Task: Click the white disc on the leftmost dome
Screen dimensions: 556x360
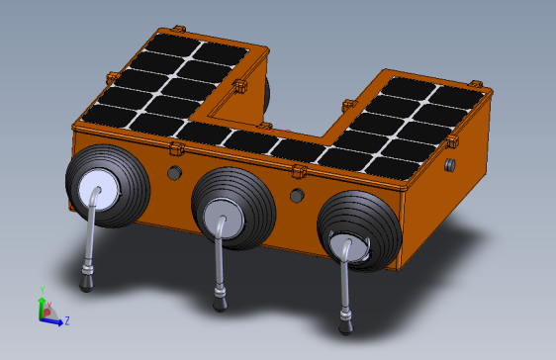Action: click(x=99, y=190)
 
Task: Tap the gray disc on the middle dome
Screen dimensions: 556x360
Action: click(x=224, y=219)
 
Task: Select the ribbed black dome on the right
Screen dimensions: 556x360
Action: click(x=359, y=231)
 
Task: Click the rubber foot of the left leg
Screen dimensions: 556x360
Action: click(x=86, y=283)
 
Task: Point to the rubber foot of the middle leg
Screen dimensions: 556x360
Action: click(x=221, y=304)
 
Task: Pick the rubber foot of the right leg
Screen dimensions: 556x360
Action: click(x=345, y=325)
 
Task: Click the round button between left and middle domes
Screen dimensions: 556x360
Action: click(x=174, y=172)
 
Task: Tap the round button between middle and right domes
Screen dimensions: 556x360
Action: click(x=297, y=195)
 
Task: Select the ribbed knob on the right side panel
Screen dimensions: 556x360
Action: click(x=450, y=165)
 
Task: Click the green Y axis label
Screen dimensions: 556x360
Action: click(x=43, y=290)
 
